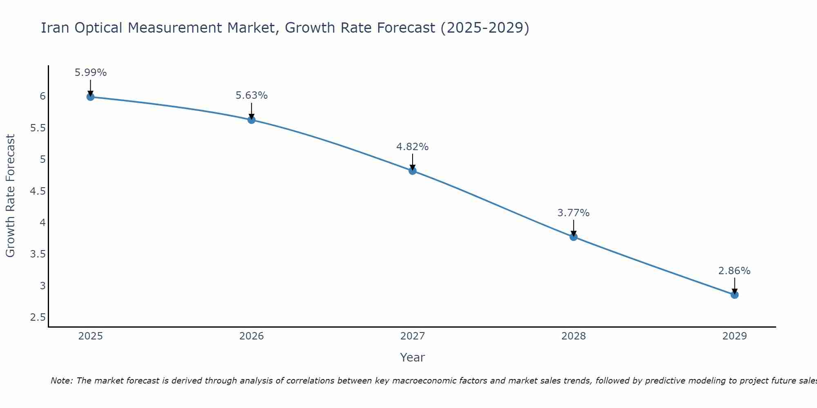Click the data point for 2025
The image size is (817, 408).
pyautogui.click(x=90, y=97)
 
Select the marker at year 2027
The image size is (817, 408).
pyautogui.click(x=413, y=171)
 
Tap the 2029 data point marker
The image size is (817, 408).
pyautogui.click(x=734, y=295)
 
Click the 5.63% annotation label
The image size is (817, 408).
pyautogui.click(x=252, y=95)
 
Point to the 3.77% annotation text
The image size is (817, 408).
pyautogui.click(x=574, y=213)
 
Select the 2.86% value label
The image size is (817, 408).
pyautogui.click(x=734, y=271)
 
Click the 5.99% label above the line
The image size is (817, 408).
pyautogui.click(x=90, y=73)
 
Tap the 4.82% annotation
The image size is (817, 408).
pyautogui.click(x=413, y=147)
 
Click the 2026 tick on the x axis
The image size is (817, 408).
pyautogui.click(x=252, y=336)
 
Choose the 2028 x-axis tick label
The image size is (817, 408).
pyautogui.click(x=574, y=336)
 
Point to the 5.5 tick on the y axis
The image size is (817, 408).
pyautogui.click(x=38, y=128)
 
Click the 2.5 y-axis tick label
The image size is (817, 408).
pyautogui.click(x=38, y=317)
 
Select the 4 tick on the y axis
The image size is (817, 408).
pyautogui.click(x=42, y=223)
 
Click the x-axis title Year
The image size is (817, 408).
pyautogui.click(x=413, y=357)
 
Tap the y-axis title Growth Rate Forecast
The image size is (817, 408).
pyautogui.click(x=10, y=196)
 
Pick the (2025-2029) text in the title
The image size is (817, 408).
pyautogui.click(x=485, y=28)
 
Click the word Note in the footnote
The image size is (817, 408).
pyautogui.click(x=61, y=381)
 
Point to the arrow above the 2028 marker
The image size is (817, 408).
pyautogui.click(x=574, y=228)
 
